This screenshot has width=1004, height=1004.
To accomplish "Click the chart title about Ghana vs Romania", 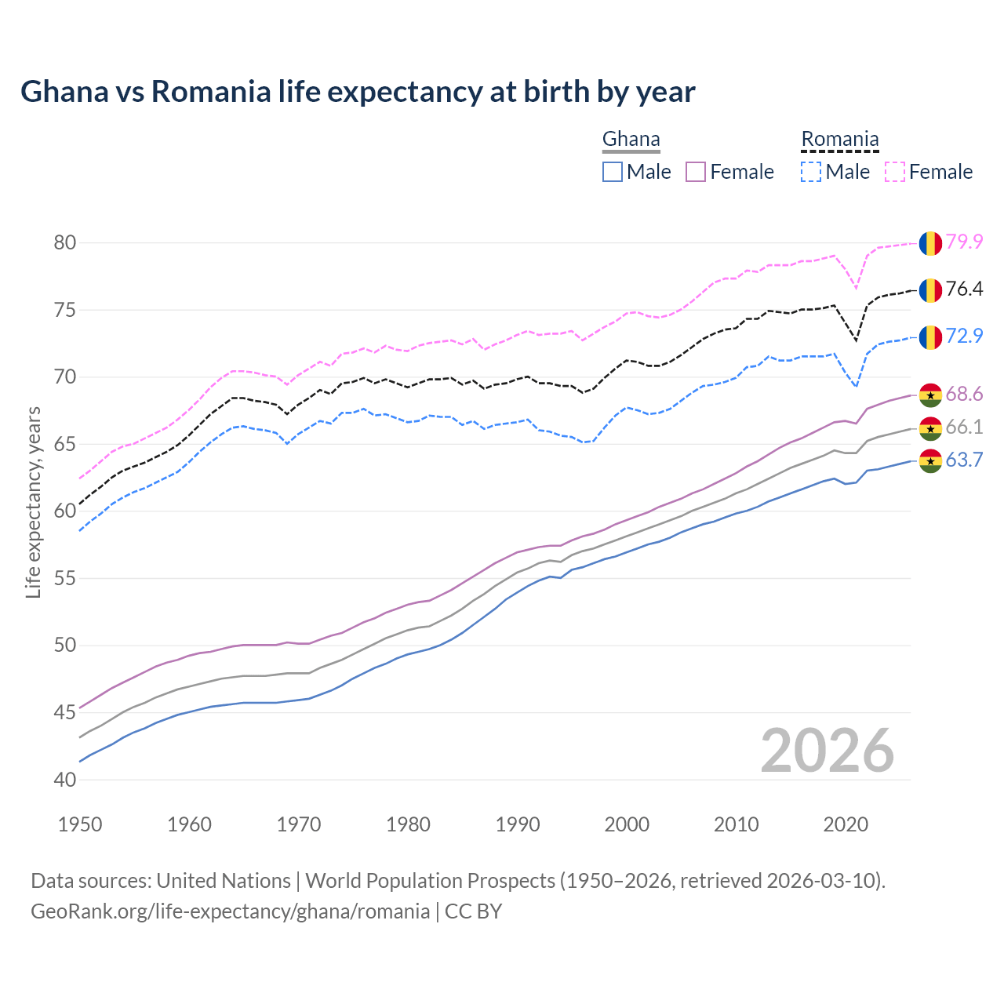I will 358,92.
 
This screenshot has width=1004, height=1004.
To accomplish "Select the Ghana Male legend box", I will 613,172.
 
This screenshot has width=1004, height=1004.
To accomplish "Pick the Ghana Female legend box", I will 696,172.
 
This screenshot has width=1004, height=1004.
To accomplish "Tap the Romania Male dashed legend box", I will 811,172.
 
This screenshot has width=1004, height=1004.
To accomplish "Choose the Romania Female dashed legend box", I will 895,172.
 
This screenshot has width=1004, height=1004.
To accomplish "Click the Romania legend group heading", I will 839,140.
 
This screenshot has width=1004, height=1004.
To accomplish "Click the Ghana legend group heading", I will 631,140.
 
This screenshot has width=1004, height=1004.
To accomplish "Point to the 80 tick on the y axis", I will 65,243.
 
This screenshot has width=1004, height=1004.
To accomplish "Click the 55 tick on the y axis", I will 65,579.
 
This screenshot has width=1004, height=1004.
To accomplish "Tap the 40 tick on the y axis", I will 65,780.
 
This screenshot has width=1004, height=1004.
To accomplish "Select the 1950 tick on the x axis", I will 80,824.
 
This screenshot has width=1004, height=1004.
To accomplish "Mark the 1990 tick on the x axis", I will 518,824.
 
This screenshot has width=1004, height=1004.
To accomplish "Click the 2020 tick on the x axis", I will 846,824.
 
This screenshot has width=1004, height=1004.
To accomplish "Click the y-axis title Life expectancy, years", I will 33,502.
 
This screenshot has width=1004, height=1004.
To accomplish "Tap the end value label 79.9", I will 964,242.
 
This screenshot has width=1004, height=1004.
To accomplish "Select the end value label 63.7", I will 964,460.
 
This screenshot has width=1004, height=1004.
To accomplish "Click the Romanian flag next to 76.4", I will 930,290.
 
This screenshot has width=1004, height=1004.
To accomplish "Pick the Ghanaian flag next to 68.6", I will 930,395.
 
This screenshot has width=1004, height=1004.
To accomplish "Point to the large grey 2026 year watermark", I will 828,751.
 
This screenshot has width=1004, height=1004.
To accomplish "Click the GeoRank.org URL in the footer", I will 230,911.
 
